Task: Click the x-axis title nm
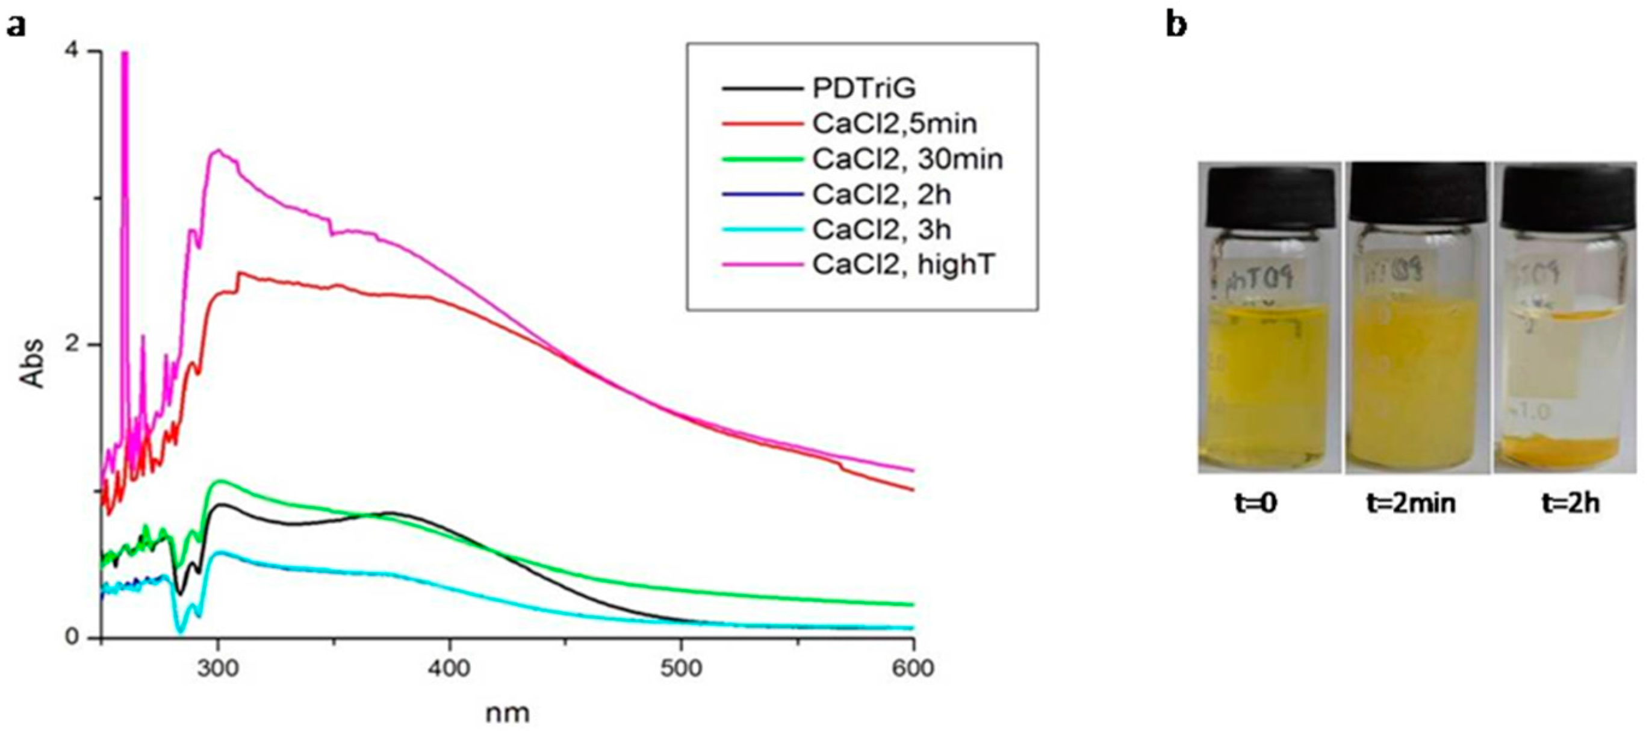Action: click(507, 712)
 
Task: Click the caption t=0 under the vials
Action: click(1255, 503)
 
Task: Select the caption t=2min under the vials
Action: click(1411, 503)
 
